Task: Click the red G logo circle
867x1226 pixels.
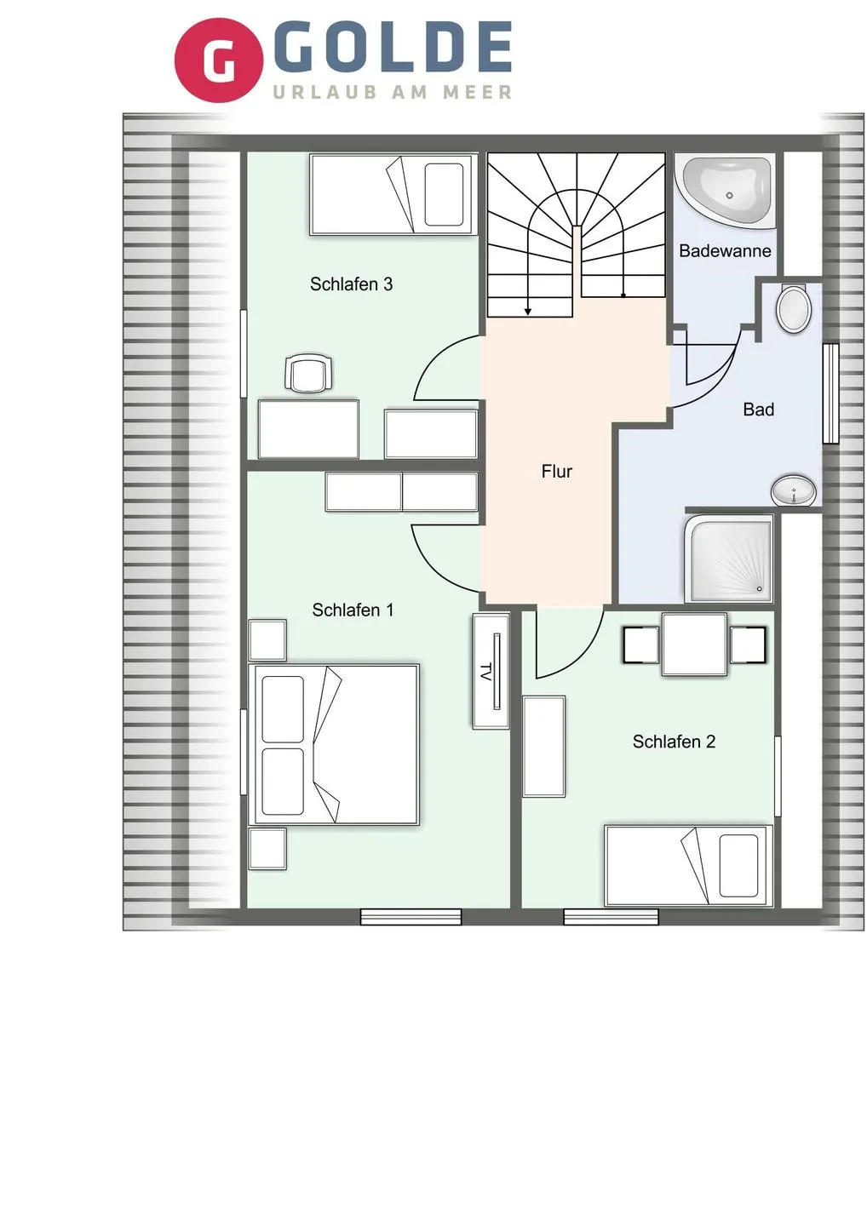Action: (x=218, y=60)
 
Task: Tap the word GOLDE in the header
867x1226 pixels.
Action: (x=393, y=48)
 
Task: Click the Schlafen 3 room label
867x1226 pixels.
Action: (x=351, y=284)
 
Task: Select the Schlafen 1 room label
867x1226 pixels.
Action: (x=353, y=610)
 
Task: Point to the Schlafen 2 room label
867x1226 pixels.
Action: (x=673, y=742)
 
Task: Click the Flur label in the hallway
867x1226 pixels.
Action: (x=556, y=472)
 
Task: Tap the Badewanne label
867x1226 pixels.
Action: (x=724, y=251)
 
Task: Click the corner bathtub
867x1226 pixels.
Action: (x=726, y=191)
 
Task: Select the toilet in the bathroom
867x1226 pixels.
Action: (x=794, y=308)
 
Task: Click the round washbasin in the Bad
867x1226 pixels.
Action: (x=793, y=491)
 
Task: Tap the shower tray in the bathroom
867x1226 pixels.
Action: (x=731, y=558)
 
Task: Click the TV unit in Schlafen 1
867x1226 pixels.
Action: (x=491, y=671)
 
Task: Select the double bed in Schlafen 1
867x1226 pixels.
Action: (x=336, y=745)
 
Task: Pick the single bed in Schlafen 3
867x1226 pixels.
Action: (x=392, y=194)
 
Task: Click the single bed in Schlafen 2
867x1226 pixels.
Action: (x=687, y=865)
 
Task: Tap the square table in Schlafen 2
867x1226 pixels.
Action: (x=694, y=645)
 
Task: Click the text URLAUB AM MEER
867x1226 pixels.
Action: (x=393, y=92)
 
